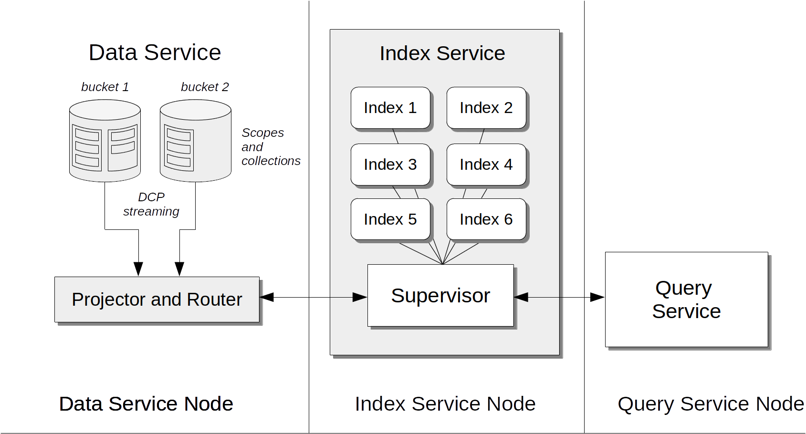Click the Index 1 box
390,108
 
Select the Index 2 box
486,108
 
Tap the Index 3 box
390,165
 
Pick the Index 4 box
486,165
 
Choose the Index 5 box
390,219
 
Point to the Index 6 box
486,219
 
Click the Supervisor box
440,296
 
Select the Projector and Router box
157,300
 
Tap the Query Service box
686,300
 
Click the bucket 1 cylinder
105,141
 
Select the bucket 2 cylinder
196,141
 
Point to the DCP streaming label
151,204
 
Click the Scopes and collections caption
270,147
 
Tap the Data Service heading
155,52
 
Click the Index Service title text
442,53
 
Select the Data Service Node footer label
146,404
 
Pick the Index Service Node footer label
445,404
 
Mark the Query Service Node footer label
710,404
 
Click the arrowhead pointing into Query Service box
598,297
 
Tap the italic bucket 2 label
205,87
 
